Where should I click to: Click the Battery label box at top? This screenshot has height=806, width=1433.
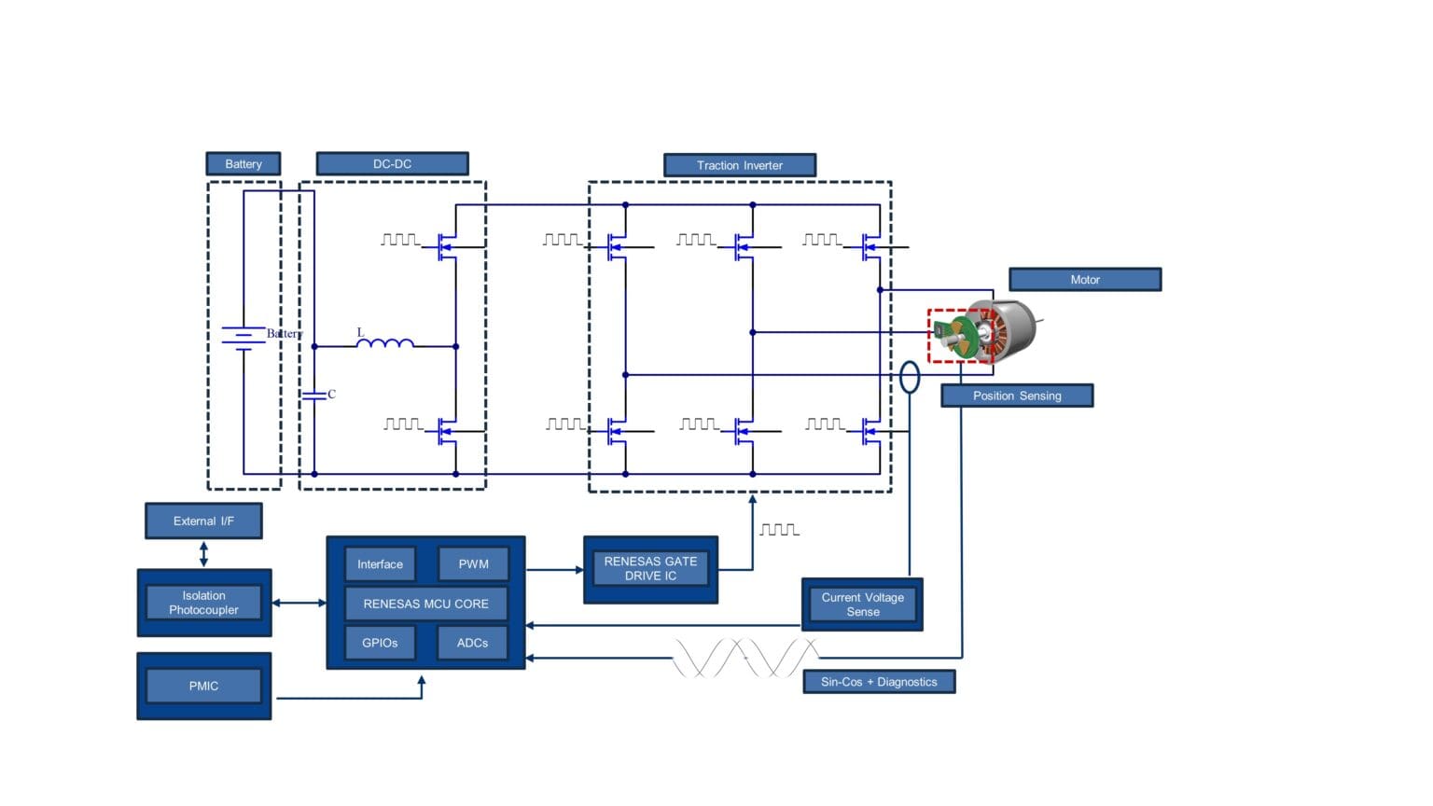[243, 164]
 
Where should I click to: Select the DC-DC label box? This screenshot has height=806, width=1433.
[392, 164]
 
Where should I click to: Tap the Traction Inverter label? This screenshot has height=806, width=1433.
[740, 165]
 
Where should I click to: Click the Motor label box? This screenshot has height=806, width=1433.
[1085, 279]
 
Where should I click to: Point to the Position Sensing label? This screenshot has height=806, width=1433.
[1017, 396]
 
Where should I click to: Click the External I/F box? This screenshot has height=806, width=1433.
[203, 521]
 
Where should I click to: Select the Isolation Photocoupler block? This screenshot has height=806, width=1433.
[203, 603]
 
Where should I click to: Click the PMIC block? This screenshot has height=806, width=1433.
[203, 686]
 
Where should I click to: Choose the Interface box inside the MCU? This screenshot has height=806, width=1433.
[380, 564]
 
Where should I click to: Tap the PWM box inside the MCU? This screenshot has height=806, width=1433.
[473, 564]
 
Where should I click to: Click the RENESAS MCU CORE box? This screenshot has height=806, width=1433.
[425, 604]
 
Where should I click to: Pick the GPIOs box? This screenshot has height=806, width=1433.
[380, 643]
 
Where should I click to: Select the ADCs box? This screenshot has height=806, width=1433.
[472, 643]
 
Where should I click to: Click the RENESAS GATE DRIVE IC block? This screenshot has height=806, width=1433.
[650, 569]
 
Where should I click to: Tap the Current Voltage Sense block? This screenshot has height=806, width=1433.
[862, 604]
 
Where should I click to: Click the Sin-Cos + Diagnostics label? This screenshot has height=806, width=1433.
[879, 682]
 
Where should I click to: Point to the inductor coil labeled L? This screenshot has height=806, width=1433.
[385, 344]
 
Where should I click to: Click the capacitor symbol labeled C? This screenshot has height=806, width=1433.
[314, 396]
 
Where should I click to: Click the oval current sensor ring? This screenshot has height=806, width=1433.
[910, 377]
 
